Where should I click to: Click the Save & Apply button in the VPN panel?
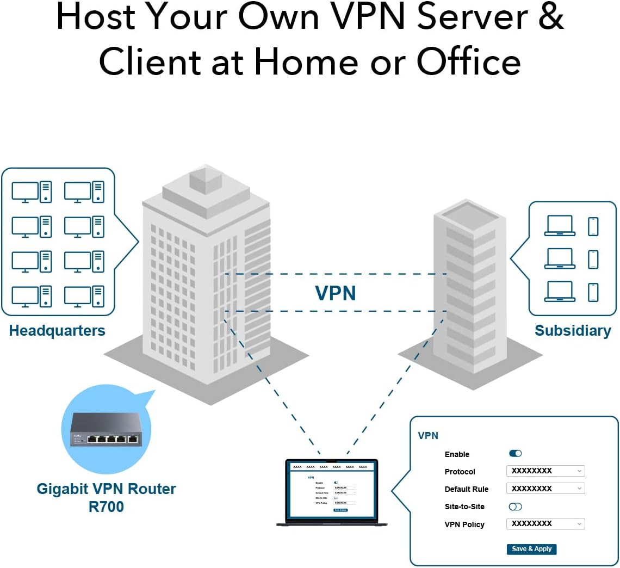pos(531,549)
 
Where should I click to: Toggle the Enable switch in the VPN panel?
pos(515,453)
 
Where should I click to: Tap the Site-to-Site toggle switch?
pos(515,507)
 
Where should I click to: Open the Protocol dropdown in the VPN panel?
pos(545,471)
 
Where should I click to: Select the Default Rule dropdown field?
pos(545,489)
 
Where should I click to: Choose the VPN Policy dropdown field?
pos(545,524)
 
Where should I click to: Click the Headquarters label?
pos(57,331)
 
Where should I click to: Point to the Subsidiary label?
pos(573,331)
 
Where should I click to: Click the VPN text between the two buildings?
pos(336,293)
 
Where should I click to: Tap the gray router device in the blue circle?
pos(106,429)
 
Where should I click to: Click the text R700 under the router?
pos(106,507)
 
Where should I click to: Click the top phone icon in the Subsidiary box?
pos(593,226)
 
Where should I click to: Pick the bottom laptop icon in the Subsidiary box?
pos(560,292)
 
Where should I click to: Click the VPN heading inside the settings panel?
pos(427,436)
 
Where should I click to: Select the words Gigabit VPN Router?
pos(106,489)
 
